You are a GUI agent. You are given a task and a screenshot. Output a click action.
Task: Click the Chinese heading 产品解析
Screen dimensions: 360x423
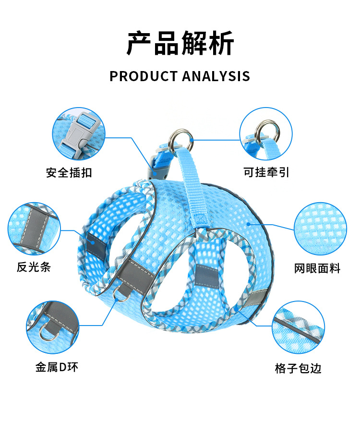[180, 44]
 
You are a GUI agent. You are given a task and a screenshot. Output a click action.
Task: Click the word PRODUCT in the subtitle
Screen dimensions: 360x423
[143, 76]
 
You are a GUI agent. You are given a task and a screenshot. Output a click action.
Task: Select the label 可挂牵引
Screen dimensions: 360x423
[266, 172]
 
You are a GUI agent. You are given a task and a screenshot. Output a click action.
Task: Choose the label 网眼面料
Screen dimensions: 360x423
[317, 268]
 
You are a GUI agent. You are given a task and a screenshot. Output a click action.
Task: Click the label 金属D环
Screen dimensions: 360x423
[56, 368]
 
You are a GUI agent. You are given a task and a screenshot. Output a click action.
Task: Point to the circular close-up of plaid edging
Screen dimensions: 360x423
[298, 327]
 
